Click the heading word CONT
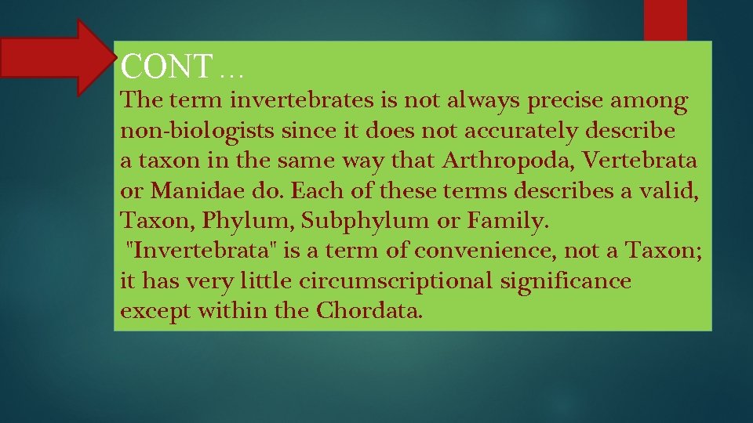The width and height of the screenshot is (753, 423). click(x=166, y=67)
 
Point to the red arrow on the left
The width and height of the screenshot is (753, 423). click(x=55, y=58)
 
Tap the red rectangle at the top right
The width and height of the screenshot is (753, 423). click(x=665, y=20)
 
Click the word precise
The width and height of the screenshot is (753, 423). click(x=566, y=101)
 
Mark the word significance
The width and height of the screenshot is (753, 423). click(x=566, y=280)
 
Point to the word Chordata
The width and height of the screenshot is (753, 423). click(x=369, y=311)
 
